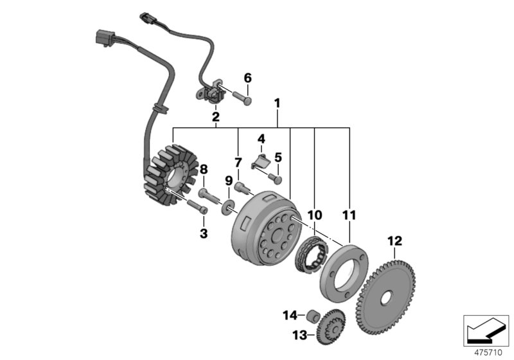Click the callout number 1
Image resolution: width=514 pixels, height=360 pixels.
[278, 102]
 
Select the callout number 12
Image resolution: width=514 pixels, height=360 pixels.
[394, 241]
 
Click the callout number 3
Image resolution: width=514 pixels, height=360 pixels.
[204, 234]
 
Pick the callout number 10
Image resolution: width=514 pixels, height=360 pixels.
[315, 214]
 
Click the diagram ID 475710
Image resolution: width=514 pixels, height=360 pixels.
[487, 351]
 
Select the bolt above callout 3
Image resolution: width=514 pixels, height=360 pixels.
[197, 206]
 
